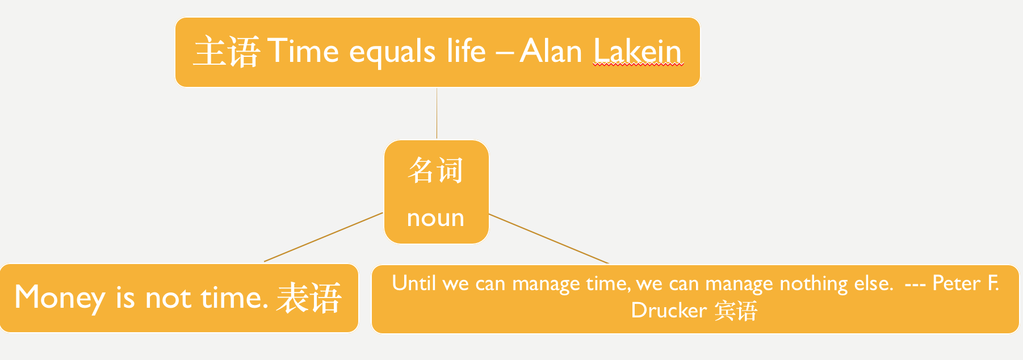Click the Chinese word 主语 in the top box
[227, 52]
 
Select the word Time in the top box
[303, 51]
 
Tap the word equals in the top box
[392, 53]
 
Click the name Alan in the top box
[551, 51]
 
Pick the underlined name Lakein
[638, 51]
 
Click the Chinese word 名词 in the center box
[435, 170]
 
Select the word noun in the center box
[435, 218]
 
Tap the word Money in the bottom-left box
[60, 298]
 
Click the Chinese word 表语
[309, 298]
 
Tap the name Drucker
[669, 310]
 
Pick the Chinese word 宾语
[736, 311]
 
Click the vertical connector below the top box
[437, 113]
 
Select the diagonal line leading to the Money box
[324, 237]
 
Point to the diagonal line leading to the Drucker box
[548, 238]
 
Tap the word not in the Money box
[168, 298]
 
